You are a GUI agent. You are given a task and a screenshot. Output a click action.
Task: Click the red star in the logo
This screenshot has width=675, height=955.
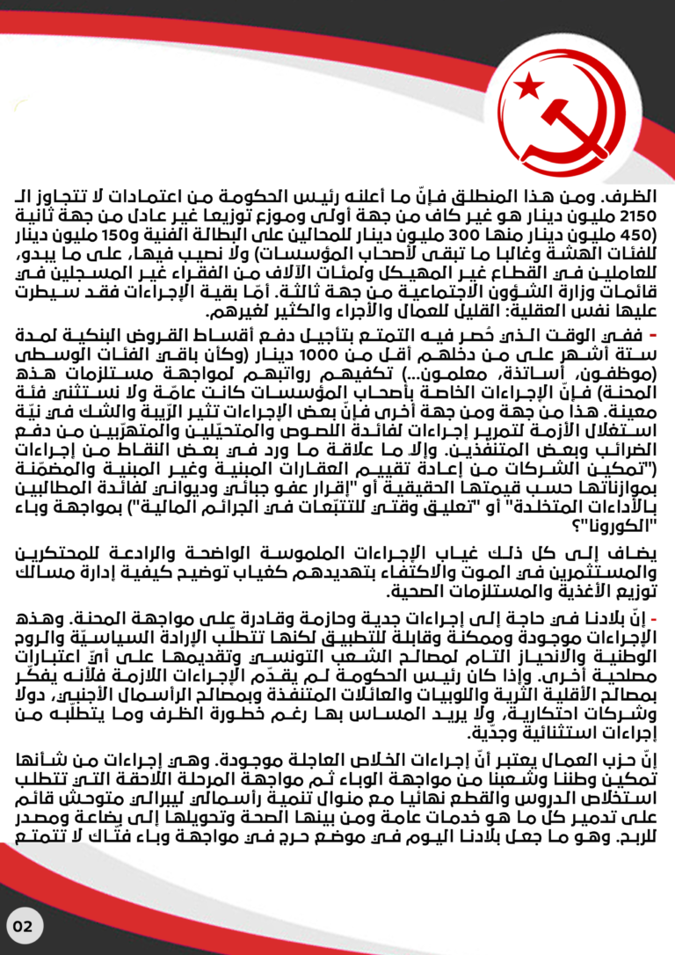(x=529, y=86)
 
